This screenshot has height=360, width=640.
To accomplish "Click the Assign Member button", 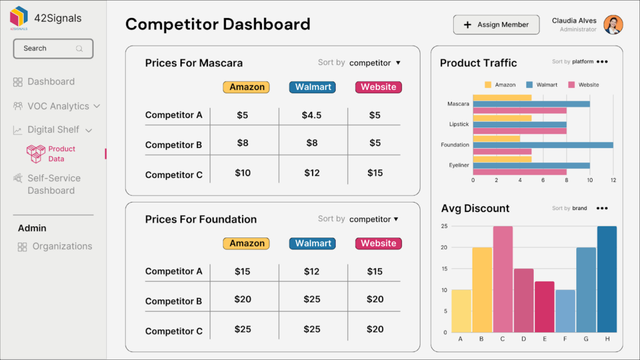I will click(x=496, y=25).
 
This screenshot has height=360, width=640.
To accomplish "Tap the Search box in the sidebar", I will click(x=53, y=49).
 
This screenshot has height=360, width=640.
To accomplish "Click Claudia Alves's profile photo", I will click(x=613, y=25).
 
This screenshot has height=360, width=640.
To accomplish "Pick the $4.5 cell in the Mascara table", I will click(x=312, y=115).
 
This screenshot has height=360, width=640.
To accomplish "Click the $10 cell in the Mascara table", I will click(x=242, y=173).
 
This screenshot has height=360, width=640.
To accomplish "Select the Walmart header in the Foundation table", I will click(x=312, y=243).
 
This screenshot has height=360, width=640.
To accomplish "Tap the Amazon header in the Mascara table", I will click(x=246, y=87).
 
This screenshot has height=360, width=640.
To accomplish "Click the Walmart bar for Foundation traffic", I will click(x=542, y=144).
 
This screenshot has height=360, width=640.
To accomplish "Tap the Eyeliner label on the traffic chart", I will click(x=458, y=165).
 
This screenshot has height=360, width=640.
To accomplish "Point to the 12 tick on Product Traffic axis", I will click(x=613, y=180).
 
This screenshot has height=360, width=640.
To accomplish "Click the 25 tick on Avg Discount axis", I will click(x=444, y=226).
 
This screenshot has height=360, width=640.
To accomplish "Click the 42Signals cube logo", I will click(x=19, y=17).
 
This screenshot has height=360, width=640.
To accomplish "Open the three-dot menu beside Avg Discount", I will click(x=602, y=208).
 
